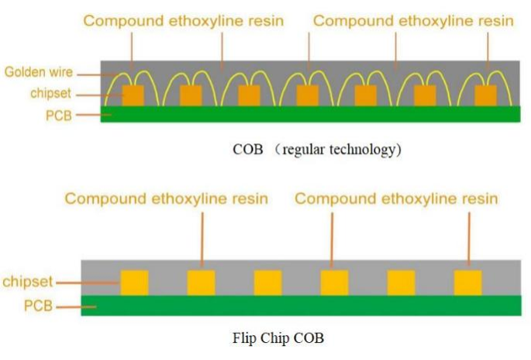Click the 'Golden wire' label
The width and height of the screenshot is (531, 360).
coord(38,72)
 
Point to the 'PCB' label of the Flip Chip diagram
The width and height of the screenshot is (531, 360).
coord(38,306)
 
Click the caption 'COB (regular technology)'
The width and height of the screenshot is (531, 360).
coord(317,150)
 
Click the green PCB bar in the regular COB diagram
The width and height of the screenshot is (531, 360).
coord(310,114)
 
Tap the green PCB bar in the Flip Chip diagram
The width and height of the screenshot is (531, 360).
coord(310,305)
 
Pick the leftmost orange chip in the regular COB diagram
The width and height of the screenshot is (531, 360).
coord(133,95)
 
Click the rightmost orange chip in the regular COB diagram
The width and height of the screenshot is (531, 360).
coord(485,95)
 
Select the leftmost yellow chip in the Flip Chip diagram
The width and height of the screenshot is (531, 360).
coord(134,282)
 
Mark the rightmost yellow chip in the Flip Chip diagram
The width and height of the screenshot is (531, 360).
coord(467,282)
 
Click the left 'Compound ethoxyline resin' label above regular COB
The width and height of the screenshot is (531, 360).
coord(184,21)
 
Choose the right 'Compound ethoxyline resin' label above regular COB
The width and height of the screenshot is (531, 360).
coord(414,21)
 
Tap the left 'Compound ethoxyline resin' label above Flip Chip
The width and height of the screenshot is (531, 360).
coord(166,199)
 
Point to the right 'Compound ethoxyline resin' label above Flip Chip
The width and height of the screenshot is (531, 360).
coord(396,199)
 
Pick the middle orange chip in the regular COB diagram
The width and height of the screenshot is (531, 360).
coord(308,95)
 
